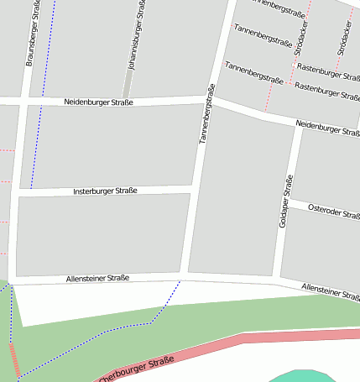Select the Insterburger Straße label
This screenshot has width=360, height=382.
(x=105, y=191)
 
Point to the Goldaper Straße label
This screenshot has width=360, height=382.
(x=286, y=201)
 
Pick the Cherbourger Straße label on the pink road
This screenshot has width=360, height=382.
(x=136, y=370)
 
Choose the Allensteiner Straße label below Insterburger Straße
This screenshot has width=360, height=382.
(x=97, y=278)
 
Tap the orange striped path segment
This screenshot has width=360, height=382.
(x=14, y=359)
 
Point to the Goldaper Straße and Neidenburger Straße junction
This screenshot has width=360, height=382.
(x=299, y=127)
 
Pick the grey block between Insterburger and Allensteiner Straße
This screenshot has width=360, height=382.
(x=101, y=235)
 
